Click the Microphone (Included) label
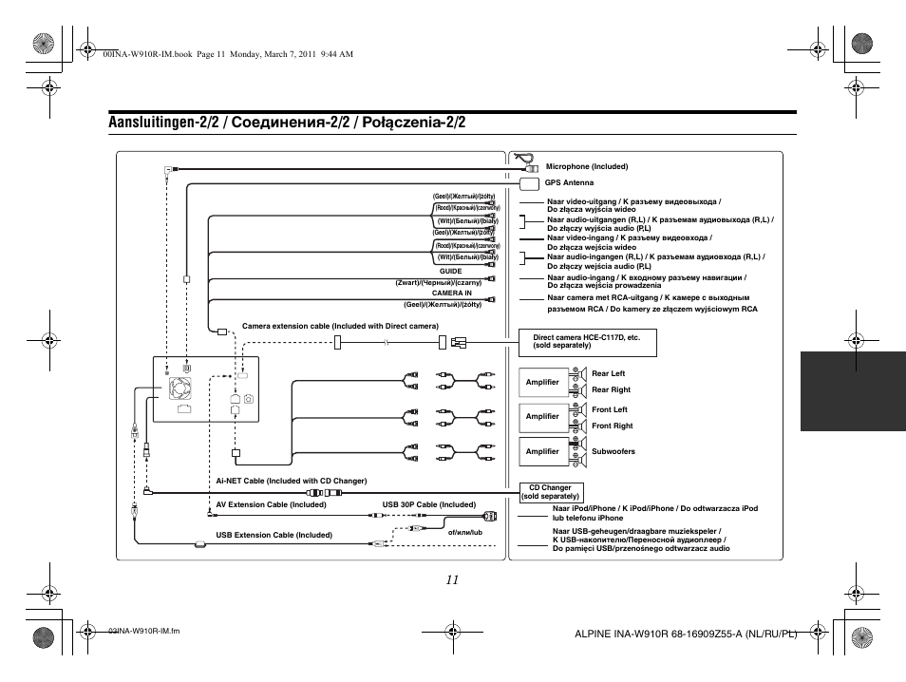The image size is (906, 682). point(587,166)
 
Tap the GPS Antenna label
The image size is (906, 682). point(569,182)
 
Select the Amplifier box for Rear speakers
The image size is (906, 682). point(542,382)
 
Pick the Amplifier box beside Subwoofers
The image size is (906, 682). point(542,451)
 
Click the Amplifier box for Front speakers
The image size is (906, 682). point(542,416)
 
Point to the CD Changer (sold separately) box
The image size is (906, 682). point(550,492)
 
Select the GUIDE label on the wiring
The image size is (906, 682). point(449,271)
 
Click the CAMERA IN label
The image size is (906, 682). point(452,293)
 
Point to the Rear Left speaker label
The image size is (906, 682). point(609,373)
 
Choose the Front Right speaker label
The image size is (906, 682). point(612,426)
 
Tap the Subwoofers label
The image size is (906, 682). point(613,451)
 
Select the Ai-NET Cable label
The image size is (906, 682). point(291,481)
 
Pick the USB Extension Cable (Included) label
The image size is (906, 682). point(274,535)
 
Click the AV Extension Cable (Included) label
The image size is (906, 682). point(271,504)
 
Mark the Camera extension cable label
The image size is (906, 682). point(341,325)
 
